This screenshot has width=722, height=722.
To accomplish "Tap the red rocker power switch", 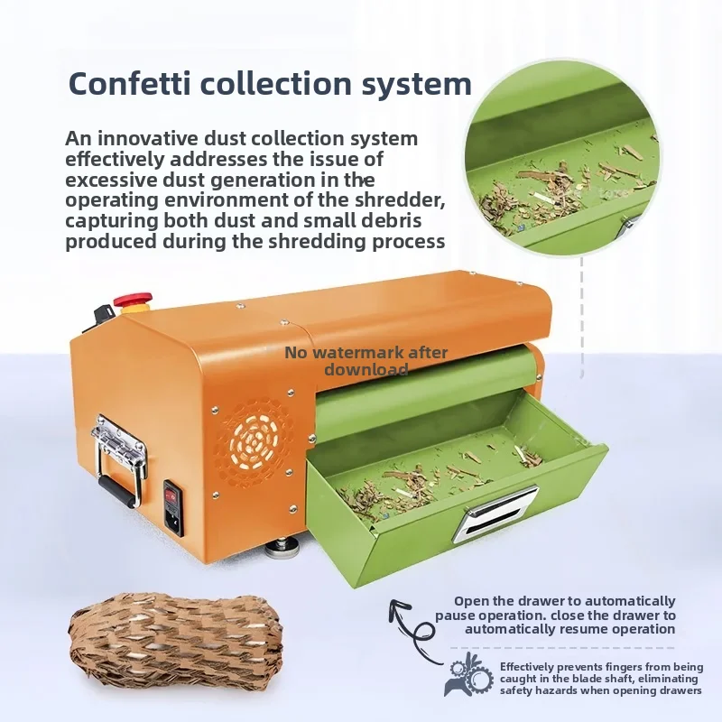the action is click(171, 495).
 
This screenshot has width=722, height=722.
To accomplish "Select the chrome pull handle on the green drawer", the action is click(495, 514).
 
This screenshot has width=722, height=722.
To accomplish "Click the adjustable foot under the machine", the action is click(281, 548).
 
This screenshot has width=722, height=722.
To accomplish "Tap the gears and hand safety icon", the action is click(468, 674).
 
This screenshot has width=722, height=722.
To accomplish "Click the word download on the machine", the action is click(366, 369).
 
